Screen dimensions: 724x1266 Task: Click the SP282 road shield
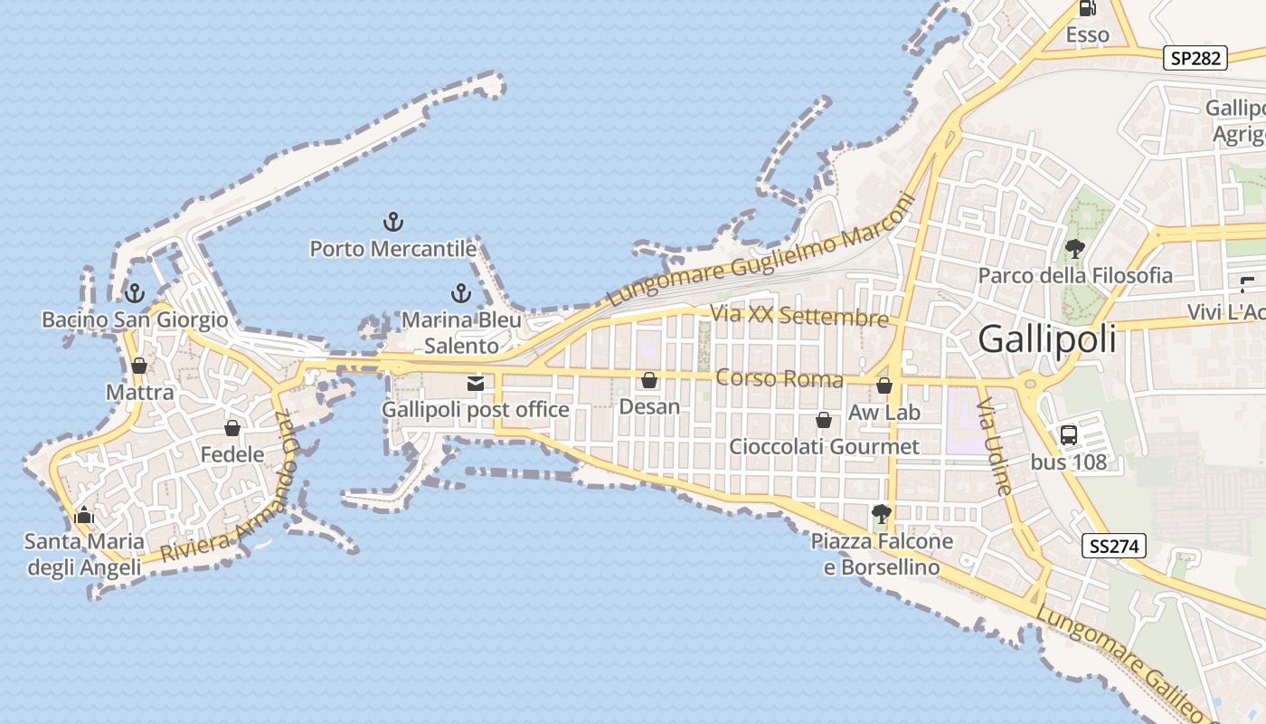coord(1195,59)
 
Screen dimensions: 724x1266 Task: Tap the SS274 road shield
coord(1114,546)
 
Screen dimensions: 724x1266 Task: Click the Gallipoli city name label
coord(1047,339)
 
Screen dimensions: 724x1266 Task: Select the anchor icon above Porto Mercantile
coord(393,221)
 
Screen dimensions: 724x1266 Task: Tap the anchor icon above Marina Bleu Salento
coord(461,293)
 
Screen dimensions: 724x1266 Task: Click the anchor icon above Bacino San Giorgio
coord(135,293)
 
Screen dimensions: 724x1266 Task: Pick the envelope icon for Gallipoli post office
coord(476,384)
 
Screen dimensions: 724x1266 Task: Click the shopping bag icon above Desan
coord(649,381)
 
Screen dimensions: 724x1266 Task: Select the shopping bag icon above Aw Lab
coord(884,386)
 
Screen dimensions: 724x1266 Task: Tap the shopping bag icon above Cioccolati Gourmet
coord(824,420)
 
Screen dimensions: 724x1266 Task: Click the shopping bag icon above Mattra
coord(139,366)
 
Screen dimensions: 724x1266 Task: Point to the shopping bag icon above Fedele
coord(232,428)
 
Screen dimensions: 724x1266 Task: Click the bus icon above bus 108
coord(1069,435)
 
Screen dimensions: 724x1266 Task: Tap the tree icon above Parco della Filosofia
coord(1074,249)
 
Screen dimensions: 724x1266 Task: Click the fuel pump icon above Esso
coord(1087,9)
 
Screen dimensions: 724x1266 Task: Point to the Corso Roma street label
coord(779,378)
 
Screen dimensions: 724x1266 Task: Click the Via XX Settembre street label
coord(799,317)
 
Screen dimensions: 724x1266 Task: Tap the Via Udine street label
coord(995,447)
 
